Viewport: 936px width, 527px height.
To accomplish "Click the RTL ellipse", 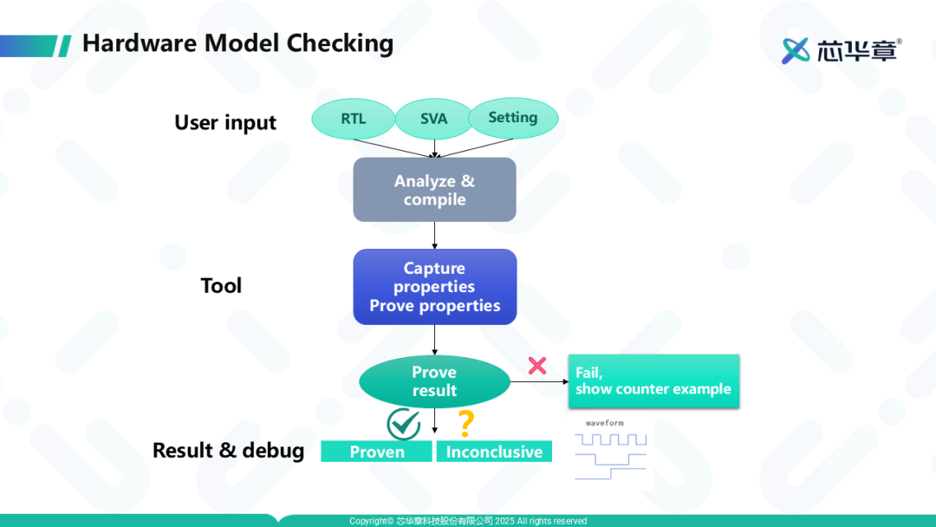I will (x=353, y=119).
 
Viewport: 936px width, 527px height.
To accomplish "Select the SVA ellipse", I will (x=433, y=119).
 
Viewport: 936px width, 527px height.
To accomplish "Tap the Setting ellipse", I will (x=513, y=118).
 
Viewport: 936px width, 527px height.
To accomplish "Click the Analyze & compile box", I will (x=434, y=190).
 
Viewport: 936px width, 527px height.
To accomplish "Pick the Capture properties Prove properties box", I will (x=434, y=287).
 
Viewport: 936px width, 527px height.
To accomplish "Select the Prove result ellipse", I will (x=434, y=381).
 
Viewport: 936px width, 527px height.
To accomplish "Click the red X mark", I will (x=537, y=366).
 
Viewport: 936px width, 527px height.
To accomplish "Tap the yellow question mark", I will (x=466, y=424).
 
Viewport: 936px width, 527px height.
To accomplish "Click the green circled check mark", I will (x=403, y=423).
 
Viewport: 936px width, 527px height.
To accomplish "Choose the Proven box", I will (x=376, y=452).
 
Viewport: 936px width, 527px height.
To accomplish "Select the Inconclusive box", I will (x=494, y=452).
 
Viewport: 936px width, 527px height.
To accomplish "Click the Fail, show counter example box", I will (x=653, y=381).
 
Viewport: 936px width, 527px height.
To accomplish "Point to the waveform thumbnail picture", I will (x=610, y=449).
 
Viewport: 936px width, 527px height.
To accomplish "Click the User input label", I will (x=225, y=123).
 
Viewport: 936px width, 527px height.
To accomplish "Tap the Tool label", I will (x=221, y=286).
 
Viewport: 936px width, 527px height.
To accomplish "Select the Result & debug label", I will (x=228, y=451).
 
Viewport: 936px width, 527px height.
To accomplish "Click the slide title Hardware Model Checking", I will (x=237, y=43).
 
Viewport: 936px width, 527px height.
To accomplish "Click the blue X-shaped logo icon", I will (x=796, y=50).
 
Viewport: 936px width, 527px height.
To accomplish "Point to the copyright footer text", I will (x=468, y=521).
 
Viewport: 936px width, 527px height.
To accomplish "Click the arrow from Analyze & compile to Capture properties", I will (x=434, y=235).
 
